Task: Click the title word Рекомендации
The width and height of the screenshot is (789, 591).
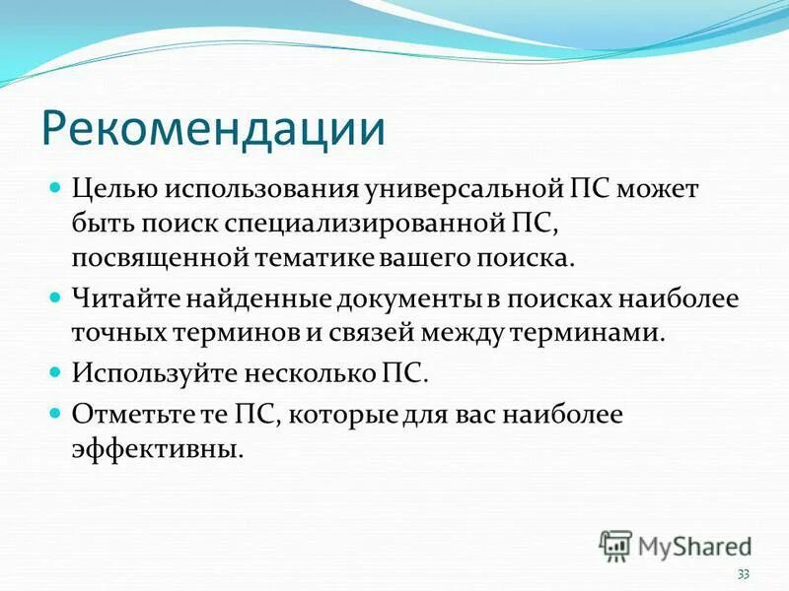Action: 212,130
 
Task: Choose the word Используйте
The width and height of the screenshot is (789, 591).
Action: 151,373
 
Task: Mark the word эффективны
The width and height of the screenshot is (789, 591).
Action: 155,448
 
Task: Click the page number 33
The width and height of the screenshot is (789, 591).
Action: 743,574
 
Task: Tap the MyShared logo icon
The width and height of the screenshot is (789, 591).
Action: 616,544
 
